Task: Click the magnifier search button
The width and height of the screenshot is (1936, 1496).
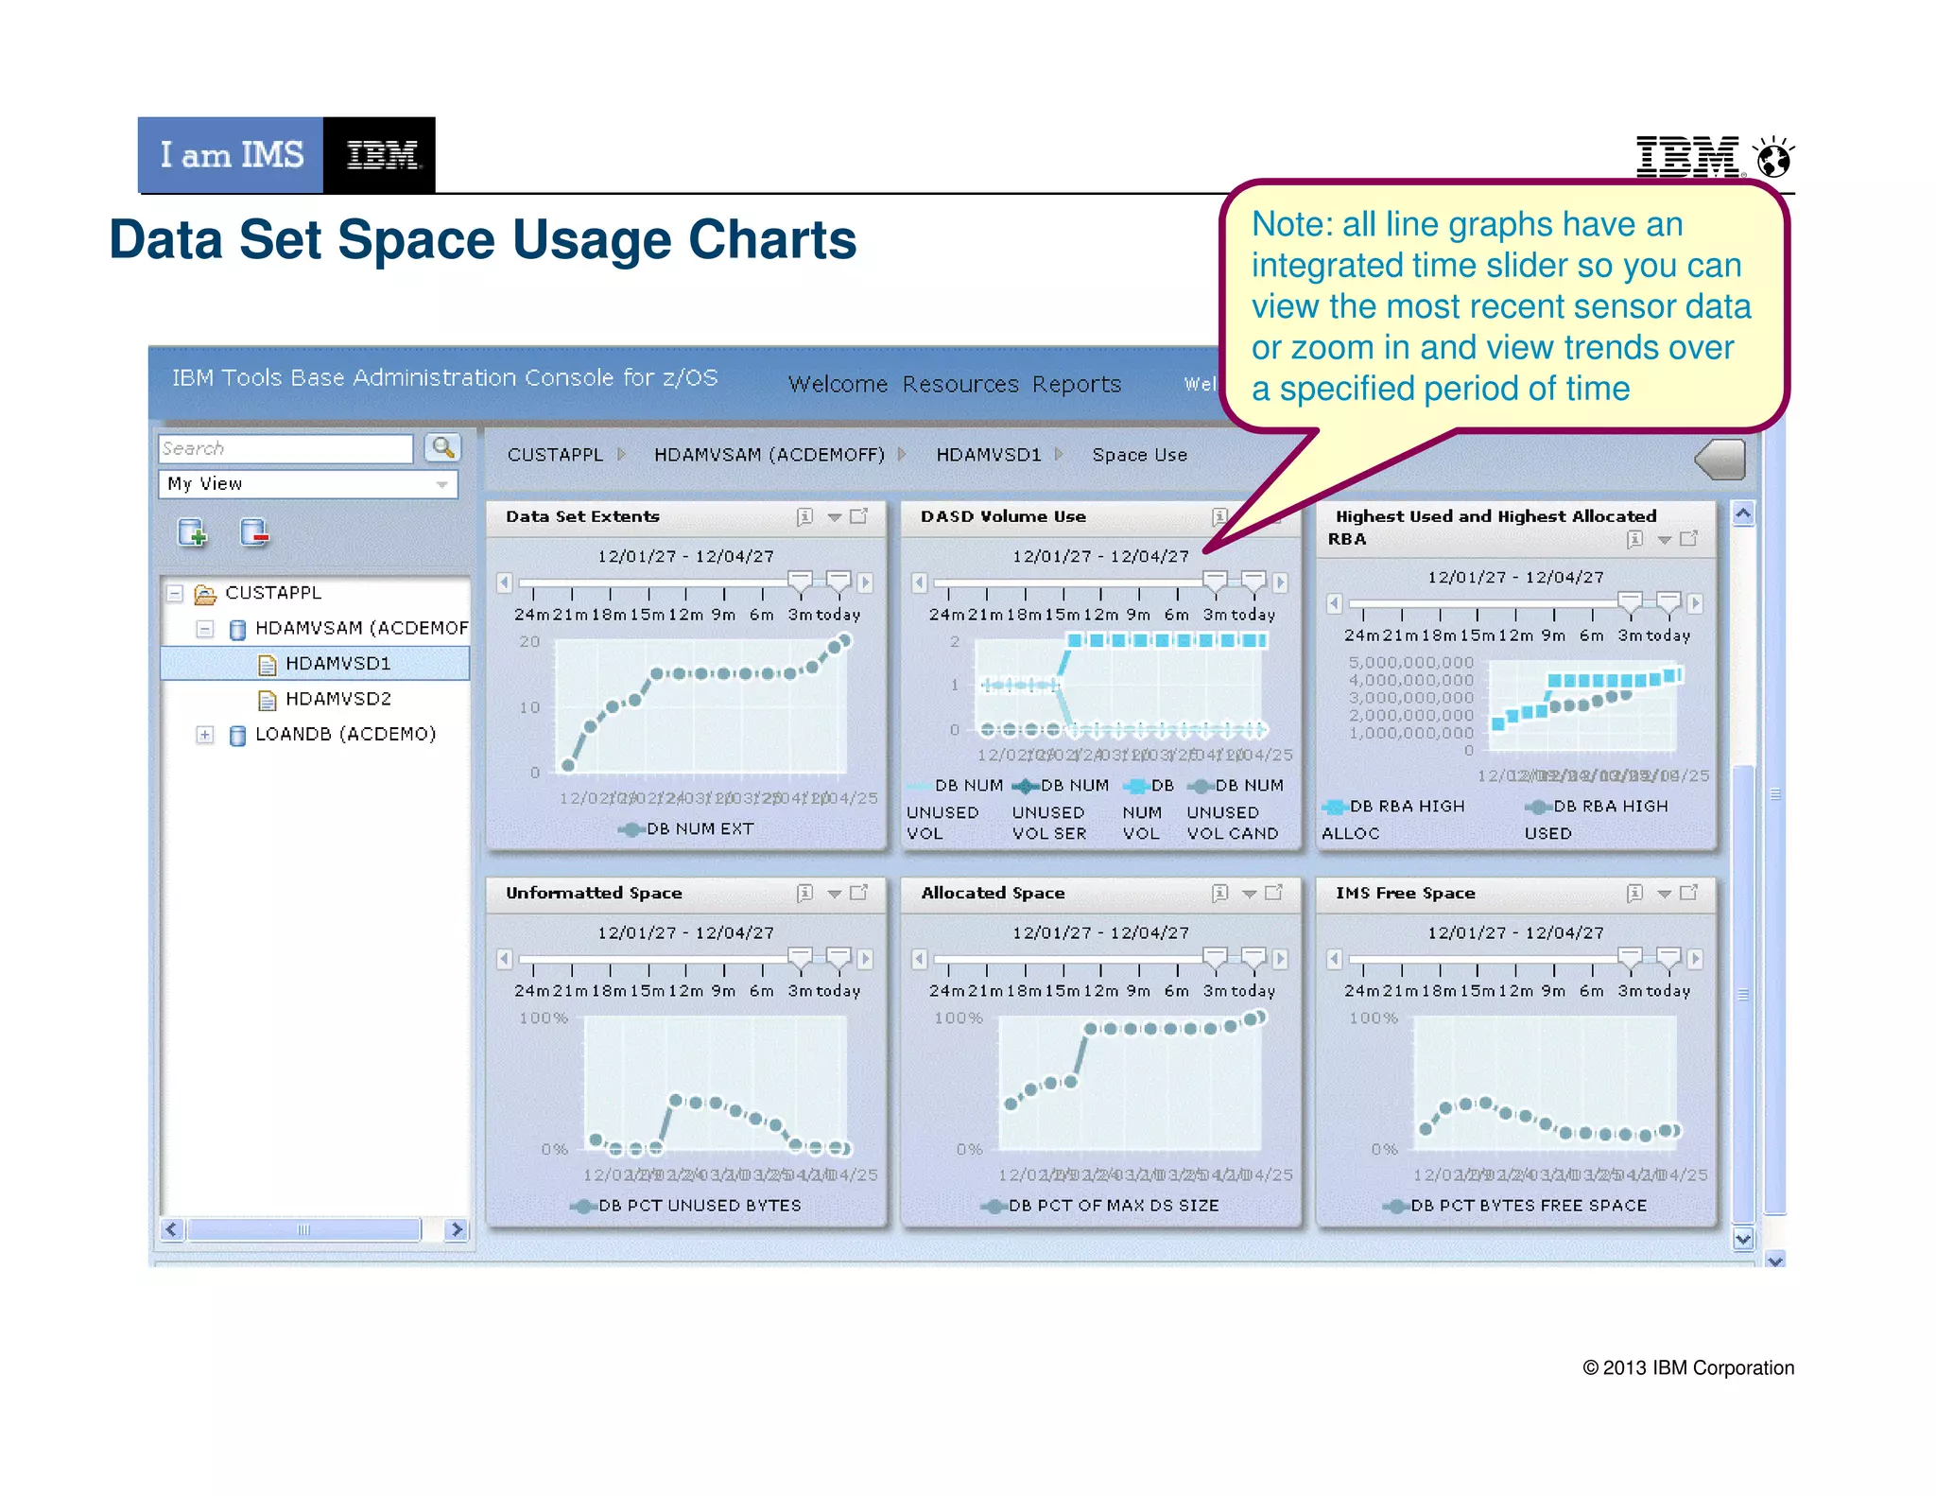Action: coord(442,447)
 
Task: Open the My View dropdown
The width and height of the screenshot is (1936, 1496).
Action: coord(308,484)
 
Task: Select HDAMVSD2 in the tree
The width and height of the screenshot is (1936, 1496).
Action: coord(337,699)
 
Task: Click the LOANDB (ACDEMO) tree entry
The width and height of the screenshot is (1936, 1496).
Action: coord(345,734)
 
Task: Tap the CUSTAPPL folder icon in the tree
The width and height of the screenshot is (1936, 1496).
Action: coord(205,594)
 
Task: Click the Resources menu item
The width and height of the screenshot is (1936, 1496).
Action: coord(959,384)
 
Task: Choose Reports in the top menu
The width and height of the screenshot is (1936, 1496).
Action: coord(1076,384)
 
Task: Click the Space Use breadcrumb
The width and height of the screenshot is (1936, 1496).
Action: coord(1139,455)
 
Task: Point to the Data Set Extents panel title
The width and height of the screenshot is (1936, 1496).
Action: coord(582,516)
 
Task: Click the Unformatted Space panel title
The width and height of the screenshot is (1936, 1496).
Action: coord(594,893)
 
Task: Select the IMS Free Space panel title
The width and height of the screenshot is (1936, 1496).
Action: coord(1405,893)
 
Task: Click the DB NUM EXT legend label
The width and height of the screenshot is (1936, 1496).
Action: coord(700,829)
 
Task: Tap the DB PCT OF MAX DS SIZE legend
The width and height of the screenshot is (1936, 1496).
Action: coord(1113,1206)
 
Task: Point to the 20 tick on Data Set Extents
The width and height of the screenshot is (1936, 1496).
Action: coord(529,641)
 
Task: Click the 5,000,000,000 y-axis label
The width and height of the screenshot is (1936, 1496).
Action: coord(1410,662)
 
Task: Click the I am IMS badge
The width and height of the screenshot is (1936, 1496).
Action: coord(232,155)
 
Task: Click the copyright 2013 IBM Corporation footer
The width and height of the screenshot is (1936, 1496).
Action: coord(1687,1367)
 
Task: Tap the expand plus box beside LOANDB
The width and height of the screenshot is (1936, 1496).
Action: coord(204,735)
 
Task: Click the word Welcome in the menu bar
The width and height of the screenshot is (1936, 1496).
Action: coord(838,384)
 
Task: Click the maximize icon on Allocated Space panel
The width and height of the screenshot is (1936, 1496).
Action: coord(1274,893)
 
